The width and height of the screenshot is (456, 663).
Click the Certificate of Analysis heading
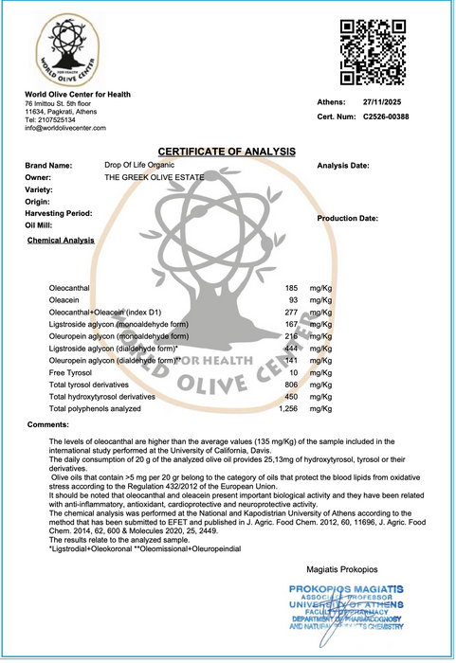coord(227,152)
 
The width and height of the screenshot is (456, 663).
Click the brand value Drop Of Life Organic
coord(139,165)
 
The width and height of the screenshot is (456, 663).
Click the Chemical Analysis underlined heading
coord(61,241)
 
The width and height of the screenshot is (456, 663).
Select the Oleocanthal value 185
coord(291,286)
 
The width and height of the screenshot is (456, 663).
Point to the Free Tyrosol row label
coord(71,372)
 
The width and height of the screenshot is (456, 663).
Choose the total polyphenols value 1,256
coord(288,409)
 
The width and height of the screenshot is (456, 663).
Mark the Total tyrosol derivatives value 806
coord(291,385)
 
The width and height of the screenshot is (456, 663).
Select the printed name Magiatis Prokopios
coord(343,571)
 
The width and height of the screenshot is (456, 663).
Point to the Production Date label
coord(348,218)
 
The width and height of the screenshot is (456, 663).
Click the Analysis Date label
coord(342,166)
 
